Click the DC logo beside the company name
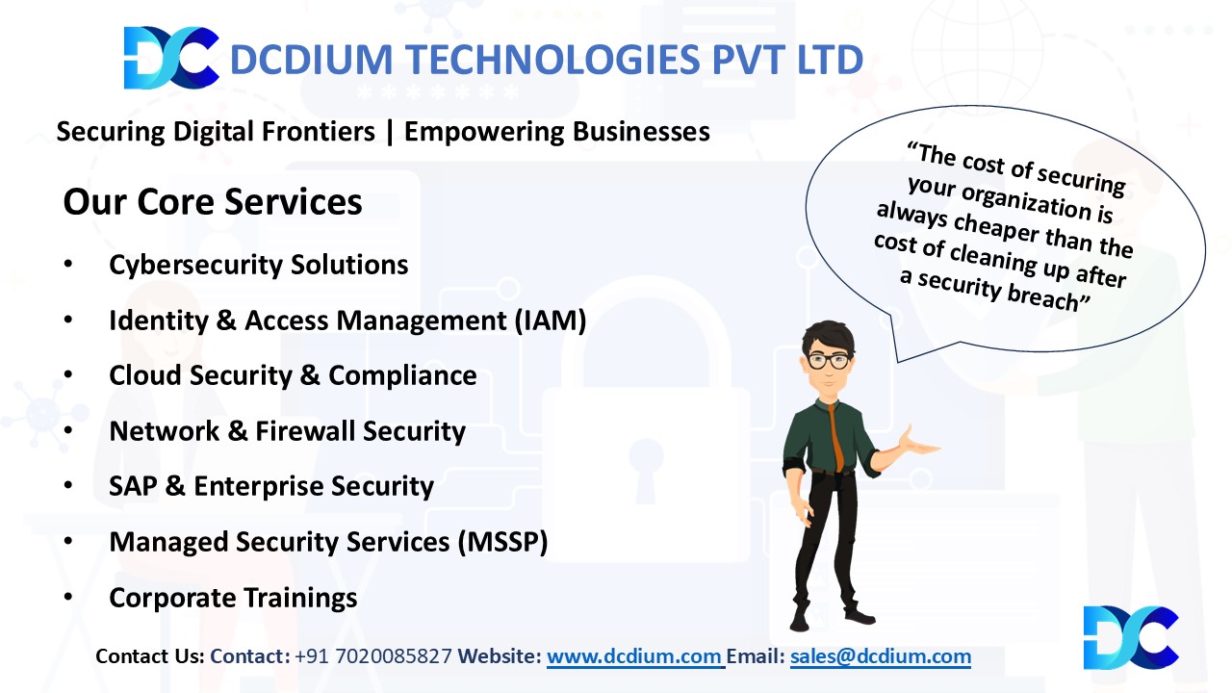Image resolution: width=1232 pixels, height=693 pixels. [x=171, y=58]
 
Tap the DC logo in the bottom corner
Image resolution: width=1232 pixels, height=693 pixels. [x=1131, y=638]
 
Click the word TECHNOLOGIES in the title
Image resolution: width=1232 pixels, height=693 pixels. [x=552, y=60]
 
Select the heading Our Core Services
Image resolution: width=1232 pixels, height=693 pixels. [x=213, y=202]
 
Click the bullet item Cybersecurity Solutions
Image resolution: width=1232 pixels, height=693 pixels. [x=259, y=265]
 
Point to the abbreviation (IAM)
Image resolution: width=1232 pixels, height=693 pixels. [x=551, y=321]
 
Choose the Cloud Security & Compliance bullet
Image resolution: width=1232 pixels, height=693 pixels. [x=293, y=375]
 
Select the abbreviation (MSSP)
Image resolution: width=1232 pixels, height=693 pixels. [x=503, y=542]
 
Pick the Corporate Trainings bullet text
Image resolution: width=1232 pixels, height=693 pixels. [x=233, y=598]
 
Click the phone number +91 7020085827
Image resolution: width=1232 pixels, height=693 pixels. [x=373, y=656]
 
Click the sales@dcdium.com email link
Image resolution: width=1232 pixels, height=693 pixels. [x=881, y=656]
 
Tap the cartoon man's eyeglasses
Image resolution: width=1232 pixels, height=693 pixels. [x=829, y=361]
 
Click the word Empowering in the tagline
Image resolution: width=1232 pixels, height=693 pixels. [x=484, y=132]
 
